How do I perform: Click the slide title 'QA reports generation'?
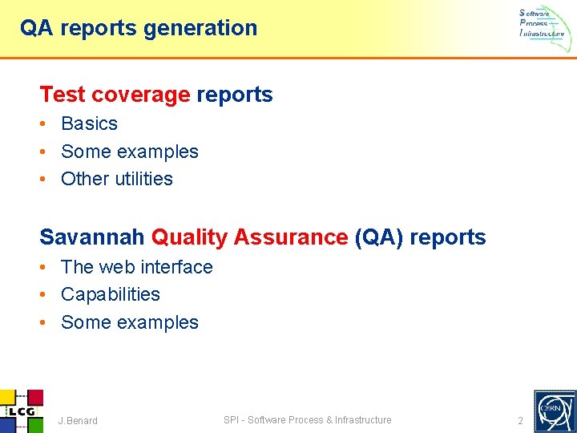(x=139, y=28)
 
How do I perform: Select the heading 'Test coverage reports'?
(x=156, y=95)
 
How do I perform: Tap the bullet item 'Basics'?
(x=89, y=123)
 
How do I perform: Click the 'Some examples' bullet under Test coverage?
(x=129, y=152)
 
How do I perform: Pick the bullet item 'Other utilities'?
(x=116, y=179)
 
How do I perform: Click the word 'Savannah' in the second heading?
(x=92, y=237)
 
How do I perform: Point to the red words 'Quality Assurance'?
(x=248, y=237)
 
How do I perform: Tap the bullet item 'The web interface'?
(x=136, y=267)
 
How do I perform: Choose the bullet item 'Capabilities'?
(x=110, y=294)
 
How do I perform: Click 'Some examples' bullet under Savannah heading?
(x=129, y=322)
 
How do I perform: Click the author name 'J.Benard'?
(x=78, y=421)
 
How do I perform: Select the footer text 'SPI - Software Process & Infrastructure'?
(x=308, y=420)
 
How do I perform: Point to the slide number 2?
(x=520, y=421)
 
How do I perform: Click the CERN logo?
(x=554, y=411)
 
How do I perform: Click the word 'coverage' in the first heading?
(x=140, y=95)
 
